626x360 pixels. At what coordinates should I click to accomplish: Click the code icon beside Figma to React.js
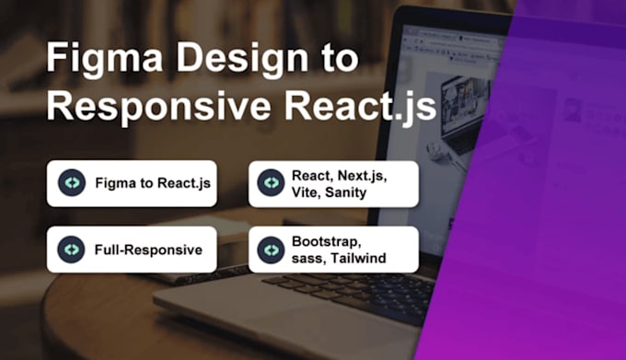pos(71,183)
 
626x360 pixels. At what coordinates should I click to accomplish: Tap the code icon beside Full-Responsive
pos(71,250)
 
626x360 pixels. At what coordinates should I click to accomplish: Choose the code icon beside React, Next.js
pos(271,183)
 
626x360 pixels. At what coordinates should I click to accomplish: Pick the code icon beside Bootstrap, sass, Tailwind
pos(271,250)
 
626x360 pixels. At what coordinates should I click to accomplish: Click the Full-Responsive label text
pos(148,250)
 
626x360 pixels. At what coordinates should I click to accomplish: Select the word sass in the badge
pos(307,258)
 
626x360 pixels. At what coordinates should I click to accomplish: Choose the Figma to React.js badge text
pos(153,183)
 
